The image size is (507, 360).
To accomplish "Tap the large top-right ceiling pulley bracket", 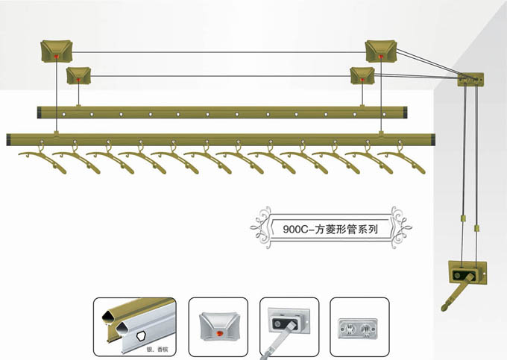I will point(380,51).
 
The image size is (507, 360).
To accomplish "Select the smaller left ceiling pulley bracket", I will point(78,75).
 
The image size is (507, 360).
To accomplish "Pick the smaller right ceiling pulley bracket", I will point(362,75).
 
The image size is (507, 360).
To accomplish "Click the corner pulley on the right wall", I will point(470,78).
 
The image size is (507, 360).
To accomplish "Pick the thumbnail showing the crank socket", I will point(289,326).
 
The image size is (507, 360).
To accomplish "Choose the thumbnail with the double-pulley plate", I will point(359,326).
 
